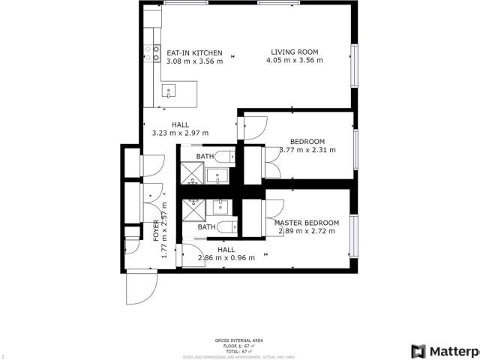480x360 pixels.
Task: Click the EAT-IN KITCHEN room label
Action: click(194, 52)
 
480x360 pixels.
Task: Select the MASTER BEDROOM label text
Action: click(306, 223)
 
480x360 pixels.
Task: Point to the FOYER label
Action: click(156, 229)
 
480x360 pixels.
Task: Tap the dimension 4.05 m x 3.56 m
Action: click(294, 61)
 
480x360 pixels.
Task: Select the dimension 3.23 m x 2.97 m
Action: click(180, 133)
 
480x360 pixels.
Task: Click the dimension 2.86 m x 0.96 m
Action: click(226, 258)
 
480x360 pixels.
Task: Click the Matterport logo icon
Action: click(418, 351)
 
